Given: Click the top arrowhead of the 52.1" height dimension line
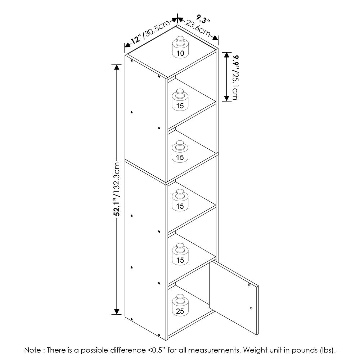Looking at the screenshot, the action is [x=117, y=67].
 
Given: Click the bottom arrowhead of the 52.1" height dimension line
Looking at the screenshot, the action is [x=117, y=312].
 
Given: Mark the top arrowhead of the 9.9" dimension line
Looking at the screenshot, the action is [x=227, y=55].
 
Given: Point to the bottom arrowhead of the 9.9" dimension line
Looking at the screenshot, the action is [x=227, y=98].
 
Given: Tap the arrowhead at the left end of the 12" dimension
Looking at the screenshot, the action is [x=127, y=45].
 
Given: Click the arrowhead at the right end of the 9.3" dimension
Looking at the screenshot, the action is [x=215, y=38].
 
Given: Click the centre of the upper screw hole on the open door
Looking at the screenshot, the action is [x=249, y=284].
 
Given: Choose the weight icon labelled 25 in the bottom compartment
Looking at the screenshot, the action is [x=180, y=305].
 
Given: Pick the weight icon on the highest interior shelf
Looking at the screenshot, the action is [x=180, y=100].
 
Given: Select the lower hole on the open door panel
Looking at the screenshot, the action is [x=251, y=308].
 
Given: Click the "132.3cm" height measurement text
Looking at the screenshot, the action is [x=117, y=178].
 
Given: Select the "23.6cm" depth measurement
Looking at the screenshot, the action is [x=198, y=28].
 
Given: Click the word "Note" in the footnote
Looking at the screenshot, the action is [x=33, y=350].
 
